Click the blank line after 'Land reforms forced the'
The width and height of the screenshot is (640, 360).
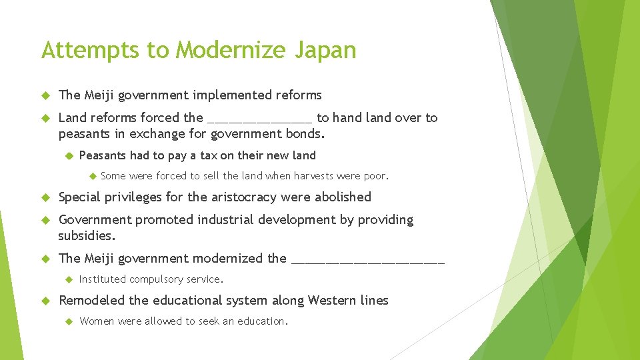pyautogui.click(x=259, y=120)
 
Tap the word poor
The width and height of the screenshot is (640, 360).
pyautogui.click(x=375, y=176)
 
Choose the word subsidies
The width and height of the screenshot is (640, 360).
pyautogui.click(x=87, y=235)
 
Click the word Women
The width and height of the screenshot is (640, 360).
pyautogui.click(x=97, y=321)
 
